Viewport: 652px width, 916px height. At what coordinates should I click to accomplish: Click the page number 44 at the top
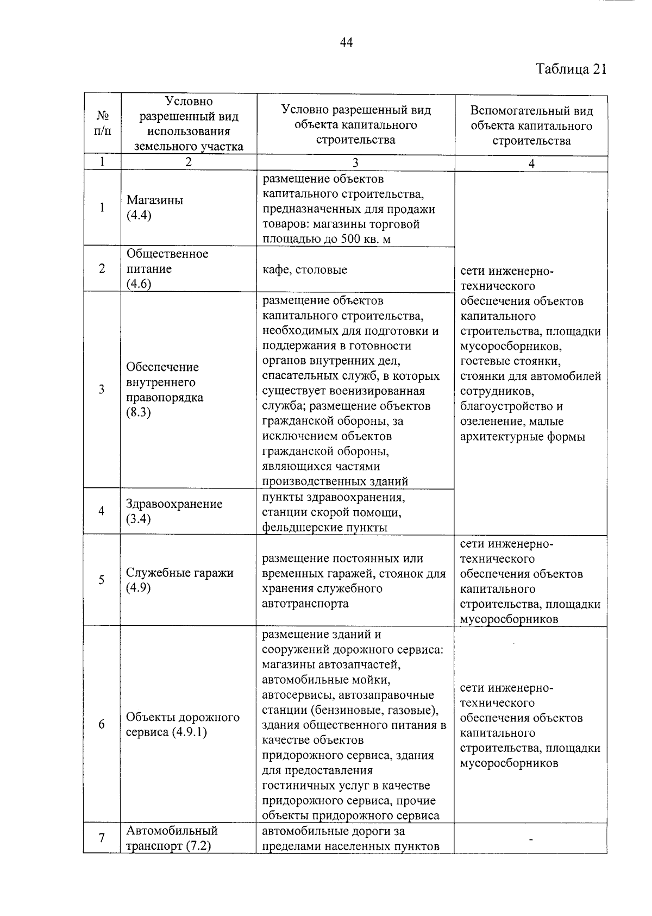pyautogui.click(x=346, y=42)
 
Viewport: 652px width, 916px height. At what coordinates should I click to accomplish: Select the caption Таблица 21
pyautogui.click(x=570, y=70)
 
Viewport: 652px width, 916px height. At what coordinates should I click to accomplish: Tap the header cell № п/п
pyautogui.click(x=102, y=124)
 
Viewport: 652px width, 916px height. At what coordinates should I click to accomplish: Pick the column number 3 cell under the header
pyautogui.click(x=355, y=162)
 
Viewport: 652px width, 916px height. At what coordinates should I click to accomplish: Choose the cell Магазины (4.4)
pyautogui.click(x=155, y=208)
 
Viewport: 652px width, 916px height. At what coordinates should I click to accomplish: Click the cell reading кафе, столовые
pyautogui.click(x=304, y=270)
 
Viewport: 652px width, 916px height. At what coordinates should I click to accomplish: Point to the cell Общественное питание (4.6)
pyautogui.click(x=167, y=269)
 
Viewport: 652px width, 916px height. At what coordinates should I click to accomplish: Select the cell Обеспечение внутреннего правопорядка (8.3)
pyautogui.click(x=165, y=390)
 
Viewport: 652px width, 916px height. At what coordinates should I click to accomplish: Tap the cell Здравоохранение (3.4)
pyautogui.click(x=174, y=511)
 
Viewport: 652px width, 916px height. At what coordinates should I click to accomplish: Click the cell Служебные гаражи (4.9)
pyautogui.click(x=179, y=580)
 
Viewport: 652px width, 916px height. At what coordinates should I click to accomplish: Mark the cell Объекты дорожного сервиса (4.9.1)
pyautogui.click(x=183, y=725)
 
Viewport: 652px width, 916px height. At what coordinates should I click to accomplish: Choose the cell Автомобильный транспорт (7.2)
pyautogui.click(x=172, y=838)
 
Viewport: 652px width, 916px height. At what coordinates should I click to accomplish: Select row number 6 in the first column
pyautogui.click(x=102, y=724)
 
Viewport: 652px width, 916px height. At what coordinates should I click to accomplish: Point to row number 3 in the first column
pyautogui.click(x=102, y=390)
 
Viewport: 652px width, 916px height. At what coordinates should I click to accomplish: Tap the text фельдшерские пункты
pyautogui.click(x=324, y=527)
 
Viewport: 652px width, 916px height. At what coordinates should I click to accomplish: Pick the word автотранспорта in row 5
pyautogui.click(x=305, y=604)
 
